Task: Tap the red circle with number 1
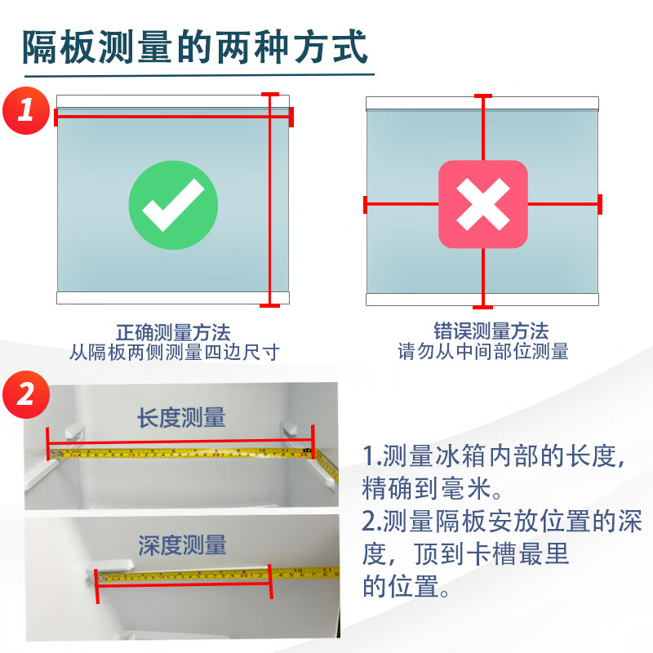pos(26,108)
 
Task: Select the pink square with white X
pos(482,204)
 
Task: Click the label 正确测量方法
pos(173,332)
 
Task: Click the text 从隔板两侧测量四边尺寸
pos(173,353)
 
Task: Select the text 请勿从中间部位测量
pos(482,352)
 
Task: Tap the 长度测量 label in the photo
pos(180,418)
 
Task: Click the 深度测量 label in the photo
pos(182,544)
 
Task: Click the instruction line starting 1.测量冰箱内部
pos(494,455)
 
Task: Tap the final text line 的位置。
pos(406,585)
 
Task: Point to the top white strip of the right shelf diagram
pos(482,103)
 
